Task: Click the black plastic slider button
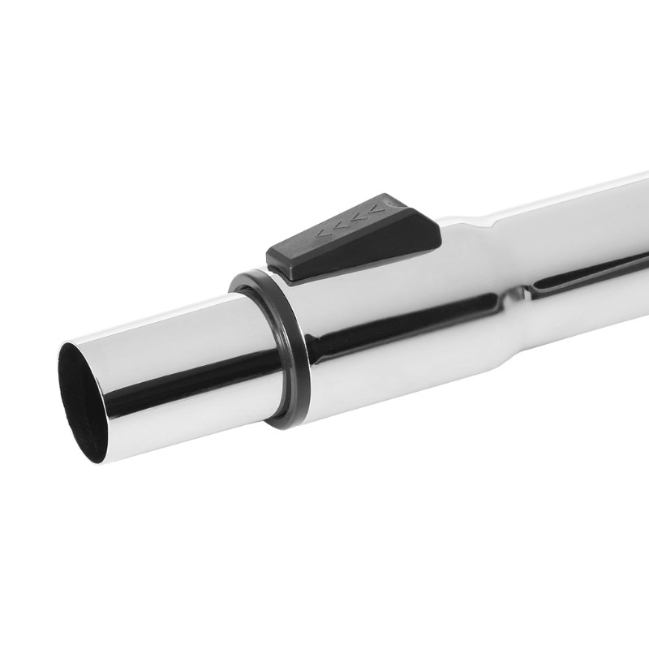(x=354, y=240)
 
